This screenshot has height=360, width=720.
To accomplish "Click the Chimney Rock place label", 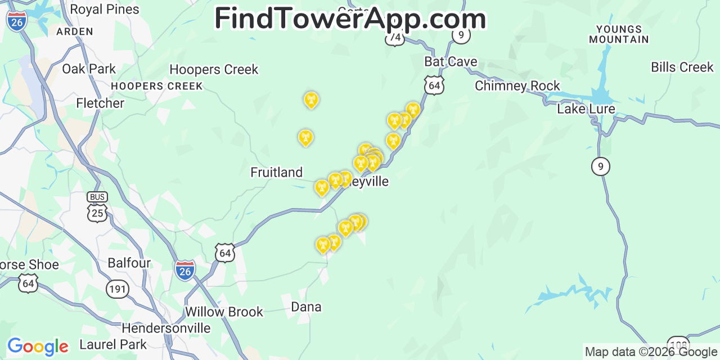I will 517,86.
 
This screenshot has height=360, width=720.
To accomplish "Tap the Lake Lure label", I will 586,109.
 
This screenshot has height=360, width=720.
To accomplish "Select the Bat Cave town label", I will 451,62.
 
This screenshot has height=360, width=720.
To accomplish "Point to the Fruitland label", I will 276,172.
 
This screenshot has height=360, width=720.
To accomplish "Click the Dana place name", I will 306,307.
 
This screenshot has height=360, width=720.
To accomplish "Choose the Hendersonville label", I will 166,328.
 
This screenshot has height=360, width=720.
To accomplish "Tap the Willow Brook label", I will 224,312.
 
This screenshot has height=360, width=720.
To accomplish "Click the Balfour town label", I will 129,263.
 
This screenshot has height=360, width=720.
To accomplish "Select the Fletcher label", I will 100,103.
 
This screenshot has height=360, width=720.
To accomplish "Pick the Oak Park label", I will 89,69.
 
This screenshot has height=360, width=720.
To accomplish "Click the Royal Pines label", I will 105,10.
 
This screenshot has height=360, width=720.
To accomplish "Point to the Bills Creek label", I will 682,67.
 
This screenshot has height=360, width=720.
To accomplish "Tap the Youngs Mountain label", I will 619,34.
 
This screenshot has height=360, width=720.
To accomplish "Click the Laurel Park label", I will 113,344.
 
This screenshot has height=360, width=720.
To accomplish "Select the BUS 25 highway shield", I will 97,207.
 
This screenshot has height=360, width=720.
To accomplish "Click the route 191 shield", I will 118,289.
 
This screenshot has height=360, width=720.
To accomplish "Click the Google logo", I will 37,346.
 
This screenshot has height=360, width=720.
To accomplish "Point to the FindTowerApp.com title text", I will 350,19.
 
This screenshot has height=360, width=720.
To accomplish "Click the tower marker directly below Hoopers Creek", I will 310,100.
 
